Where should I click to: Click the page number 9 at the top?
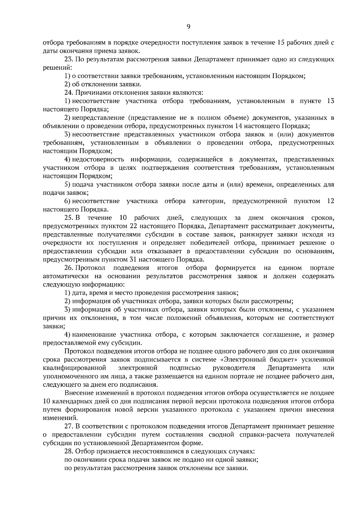coord(188,27)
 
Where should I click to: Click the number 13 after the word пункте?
coord(330,101)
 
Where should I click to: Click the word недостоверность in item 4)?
coord(98,159)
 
